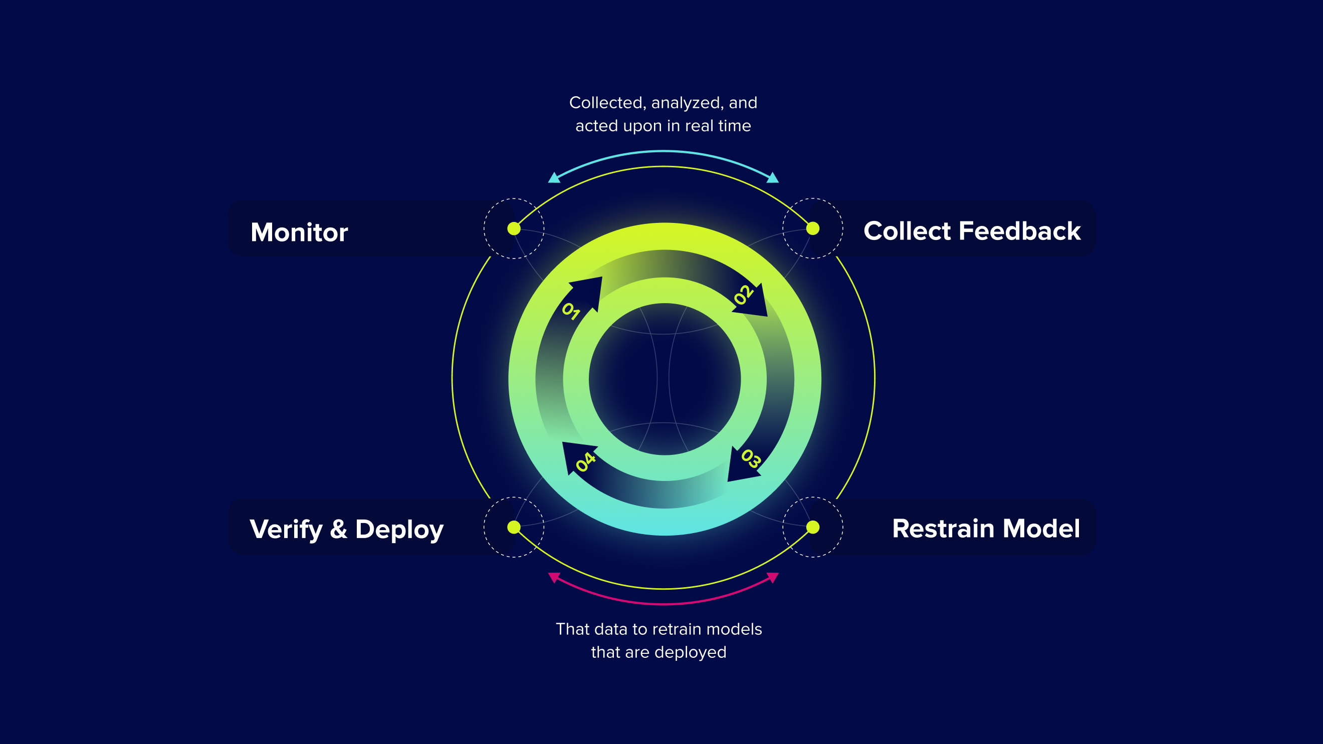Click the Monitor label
tap(299, 232)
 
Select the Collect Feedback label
tap(972, 231)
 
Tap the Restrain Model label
tap(986, 529)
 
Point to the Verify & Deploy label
tap(346, 530)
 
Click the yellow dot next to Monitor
tap(514, 228)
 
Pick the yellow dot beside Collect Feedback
tap(812, 228)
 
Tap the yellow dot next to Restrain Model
tap(812, 528)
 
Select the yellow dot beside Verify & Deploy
tap(514, 528)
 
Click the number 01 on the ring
tap(571, 311)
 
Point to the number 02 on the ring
tap(743, 295)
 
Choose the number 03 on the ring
tap(751, 458)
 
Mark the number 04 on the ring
tap(585, 462)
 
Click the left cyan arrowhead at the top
tap(554, 178)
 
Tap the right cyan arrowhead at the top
tap(773, 178)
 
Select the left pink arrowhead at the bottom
tap(554, 577)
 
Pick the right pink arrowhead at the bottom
tap(773, 577)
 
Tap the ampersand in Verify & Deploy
tap(338, 529)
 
